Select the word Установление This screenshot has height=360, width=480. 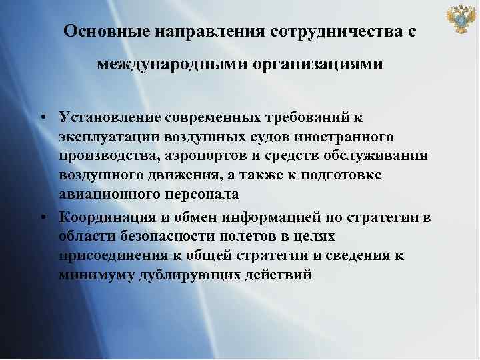click(106, 118)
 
